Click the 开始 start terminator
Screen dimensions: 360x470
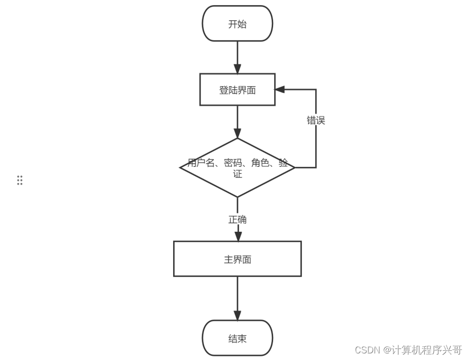(238, 24)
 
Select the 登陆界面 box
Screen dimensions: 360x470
(238, 90)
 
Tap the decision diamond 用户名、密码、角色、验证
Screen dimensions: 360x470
(238, 168)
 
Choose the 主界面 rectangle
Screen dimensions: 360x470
(238, 259)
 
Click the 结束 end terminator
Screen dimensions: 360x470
(238, 338)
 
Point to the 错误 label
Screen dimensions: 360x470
(316, 121)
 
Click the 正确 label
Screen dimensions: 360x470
(238, 220)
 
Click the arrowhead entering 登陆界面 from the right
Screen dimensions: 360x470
(280, 90)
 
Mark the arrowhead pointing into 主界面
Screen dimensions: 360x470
(238, 236)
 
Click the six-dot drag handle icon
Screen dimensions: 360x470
(20, 180)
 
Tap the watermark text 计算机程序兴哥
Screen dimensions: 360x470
(431, 350)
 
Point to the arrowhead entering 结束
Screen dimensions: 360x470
(238, 315)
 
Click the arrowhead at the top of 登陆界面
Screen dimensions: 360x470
(238, 69)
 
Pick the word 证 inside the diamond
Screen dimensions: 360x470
(238, 174)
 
